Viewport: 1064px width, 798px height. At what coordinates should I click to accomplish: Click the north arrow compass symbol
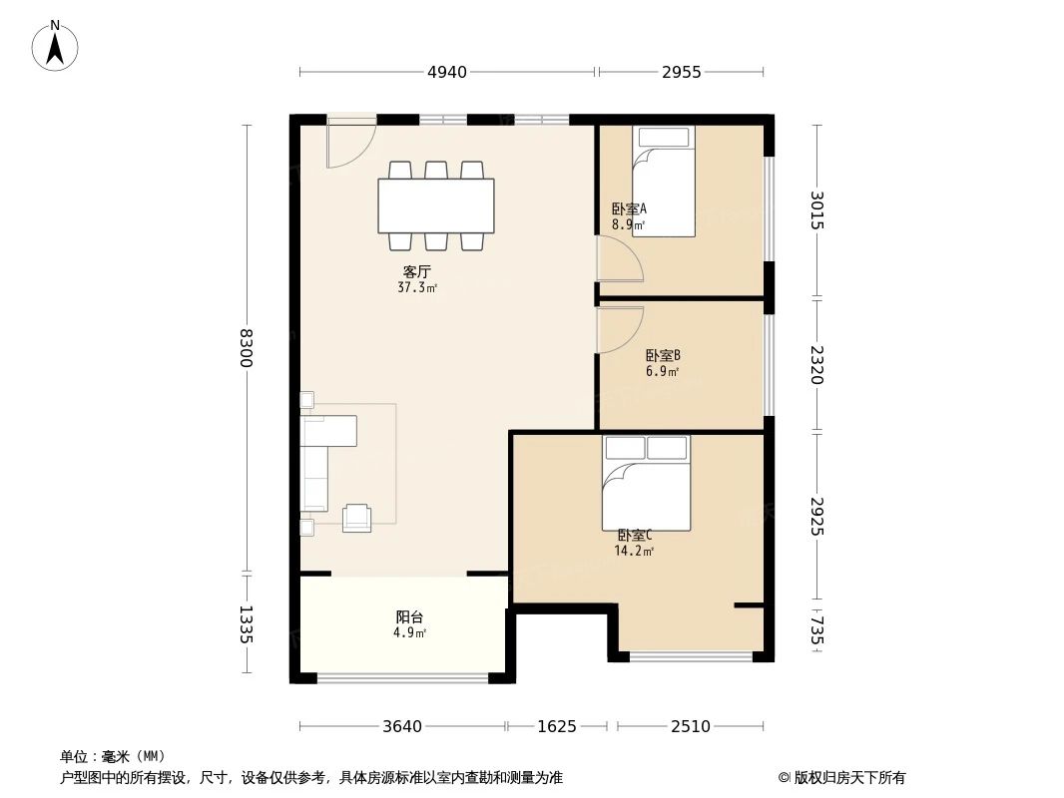pyautogui.click(x=56, y=46)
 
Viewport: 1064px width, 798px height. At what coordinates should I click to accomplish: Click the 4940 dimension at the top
pyautogui.click(x=446, y=72)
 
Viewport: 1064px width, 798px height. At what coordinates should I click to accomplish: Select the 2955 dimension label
pyautogui.click(x=681, y=72)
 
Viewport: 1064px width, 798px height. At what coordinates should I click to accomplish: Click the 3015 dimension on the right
pyautogui.click(x=817, y=210)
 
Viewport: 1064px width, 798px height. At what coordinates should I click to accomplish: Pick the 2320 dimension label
pyautogui.click(x=817, y=365)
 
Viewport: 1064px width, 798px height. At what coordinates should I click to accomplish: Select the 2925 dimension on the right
pyautogui.click(x=817, y=517)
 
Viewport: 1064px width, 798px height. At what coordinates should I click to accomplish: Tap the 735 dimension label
pyautogui.click(x=817, y=630)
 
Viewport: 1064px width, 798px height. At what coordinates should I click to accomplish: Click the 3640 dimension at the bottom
pyautogui.click(x=402, y=726)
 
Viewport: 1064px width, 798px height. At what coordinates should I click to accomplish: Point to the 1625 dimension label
pyautogui.click(x=556, y=726)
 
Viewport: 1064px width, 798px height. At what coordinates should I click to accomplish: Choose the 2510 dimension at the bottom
pyautogui.click(x=690, y=726)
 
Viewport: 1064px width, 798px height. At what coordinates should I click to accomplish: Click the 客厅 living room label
pyautogui.click(x=417, y=271)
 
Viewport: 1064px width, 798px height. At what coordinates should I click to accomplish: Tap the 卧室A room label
pyautogui.click(x=629, y=209)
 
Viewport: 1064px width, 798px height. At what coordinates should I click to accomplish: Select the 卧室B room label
pyautogui.click(x=663, y=355)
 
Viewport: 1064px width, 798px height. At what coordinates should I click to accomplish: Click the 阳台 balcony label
pyautogui.click(x=409, y=617)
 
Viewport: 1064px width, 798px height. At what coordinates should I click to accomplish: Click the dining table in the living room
pyautogui.click(x=436, y=205)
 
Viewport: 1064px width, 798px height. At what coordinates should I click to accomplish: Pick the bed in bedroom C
pyautogui.click(x=646, y=484)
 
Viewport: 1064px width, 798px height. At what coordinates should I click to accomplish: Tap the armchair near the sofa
pyautogui.click(x=356, y=518)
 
